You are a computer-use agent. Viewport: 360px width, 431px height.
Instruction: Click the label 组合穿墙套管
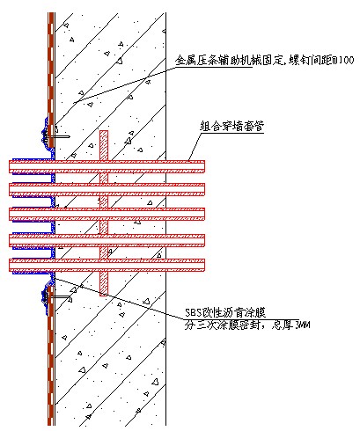[x=231, y=127]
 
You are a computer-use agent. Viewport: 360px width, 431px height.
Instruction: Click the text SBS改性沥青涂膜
[x=225, y=313]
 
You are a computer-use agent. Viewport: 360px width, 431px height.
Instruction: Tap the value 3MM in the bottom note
[x=301, y=325]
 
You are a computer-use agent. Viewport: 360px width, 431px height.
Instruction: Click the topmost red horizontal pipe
[x=107, y=166]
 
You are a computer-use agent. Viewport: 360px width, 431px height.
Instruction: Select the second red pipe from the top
[x=107, y=189]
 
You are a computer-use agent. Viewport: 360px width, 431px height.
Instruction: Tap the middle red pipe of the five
[x=107, y=214]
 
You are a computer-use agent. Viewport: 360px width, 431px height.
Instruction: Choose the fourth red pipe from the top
[x=107, y=240]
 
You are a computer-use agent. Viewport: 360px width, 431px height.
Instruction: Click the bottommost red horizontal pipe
[x=107, y=265]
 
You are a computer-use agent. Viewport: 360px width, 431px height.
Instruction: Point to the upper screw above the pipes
[x=56, y=137]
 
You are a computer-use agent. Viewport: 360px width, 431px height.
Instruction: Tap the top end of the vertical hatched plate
[x=104, y=131]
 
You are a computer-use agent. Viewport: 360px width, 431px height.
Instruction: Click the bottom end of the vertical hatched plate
[x=104, y=295]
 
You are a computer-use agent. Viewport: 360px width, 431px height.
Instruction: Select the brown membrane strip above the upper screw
[x=51, y=79]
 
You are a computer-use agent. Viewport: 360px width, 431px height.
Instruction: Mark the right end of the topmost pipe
[x=204, y=166]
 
